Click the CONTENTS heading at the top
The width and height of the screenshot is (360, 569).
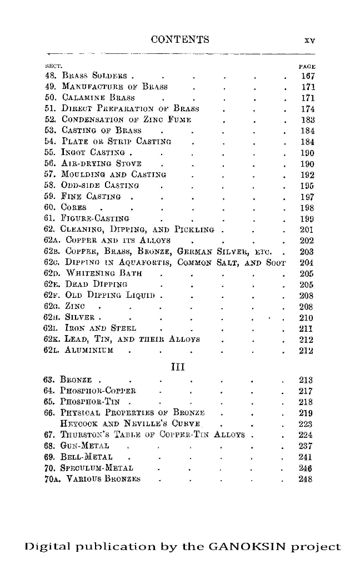180,39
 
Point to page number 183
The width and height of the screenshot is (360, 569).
307,119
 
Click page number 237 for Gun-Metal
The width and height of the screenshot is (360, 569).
307,446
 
